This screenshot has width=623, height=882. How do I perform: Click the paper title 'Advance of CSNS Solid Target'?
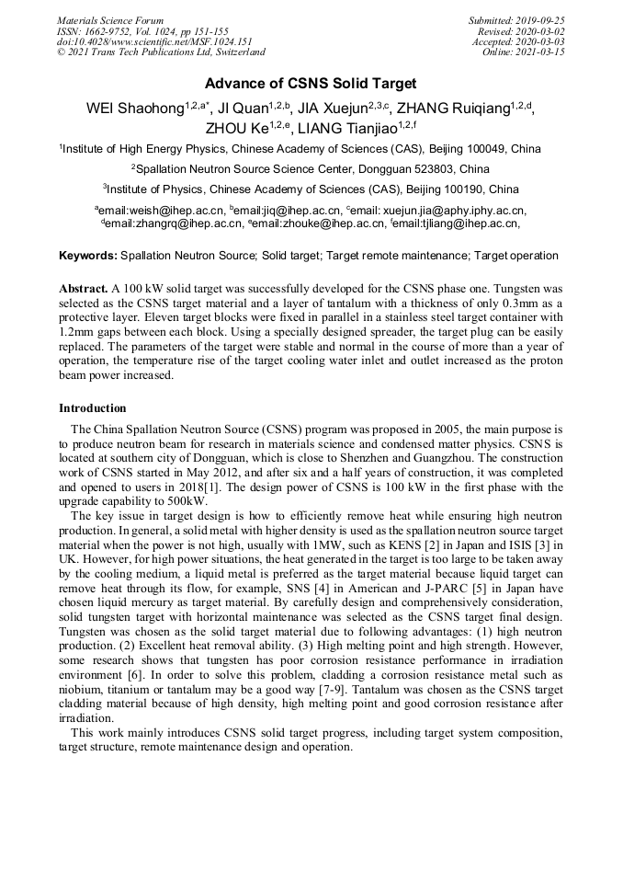(x=311, y=84)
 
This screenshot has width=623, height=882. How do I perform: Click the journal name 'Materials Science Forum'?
(x=110, y=20)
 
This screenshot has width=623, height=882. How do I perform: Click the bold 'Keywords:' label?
(x=88, y=256)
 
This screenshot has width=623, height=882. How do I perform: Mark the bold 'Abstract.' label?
(x=84, y=288)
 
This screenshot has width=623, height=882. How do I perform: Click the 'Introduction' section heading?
(x=93, y=407)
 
